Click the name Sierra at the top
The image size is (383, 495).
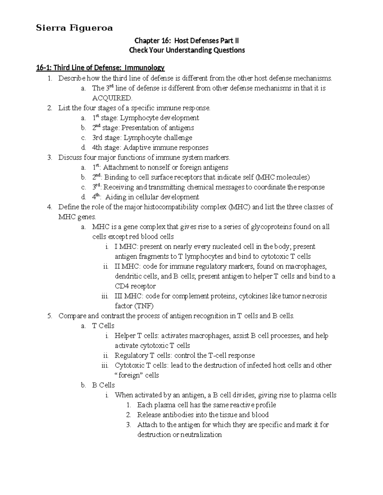(50, 28)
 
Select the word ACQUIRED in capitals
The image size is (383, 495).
(112, 98)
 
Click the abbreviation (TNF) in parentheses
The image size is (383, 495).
(144, 306)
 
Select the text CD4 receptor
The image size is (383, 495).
(135, 286)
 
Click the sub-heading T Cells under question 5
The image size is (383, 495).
(103, 326)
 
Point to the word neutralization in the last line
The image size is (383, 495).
(201, 434)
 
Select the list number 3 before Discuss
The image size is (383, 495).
(49, 157)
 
